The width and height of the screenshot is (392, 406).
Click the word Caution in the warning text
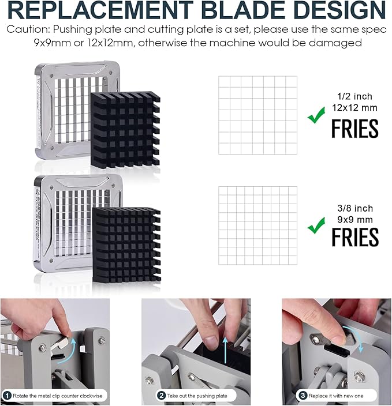[28, 29]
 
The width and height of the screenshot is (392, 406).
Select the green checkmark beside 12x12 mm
[316, 115]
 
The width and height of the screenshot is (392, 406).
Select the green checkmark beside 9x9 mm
[316, 225]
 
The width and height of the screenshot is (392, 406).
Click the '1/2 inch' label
[354, 96]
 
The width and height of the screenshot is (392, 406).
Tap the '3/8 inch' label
[355, 208]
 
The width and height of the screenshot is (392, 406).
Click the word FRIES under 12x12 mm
[355, 129]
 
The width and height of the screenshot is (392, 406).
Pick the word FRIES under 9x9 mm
[355, 237]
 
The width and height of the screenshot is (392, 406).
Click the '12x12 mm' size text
[354, 107]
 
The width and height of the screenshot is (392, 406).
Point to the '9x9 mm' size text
[355, 220]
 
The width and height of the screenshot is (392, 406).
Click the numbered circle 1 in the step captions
[8, 396]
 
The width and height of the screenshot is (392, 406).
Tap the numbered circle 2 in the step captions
[162, 396]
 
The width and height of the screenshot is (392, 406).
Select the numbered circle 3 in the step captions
[303, 396]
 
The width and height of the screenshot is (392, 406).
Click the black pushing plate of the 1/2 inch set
[125, 130]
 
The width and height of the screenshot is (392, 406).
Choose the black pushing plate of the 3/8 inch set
[126, 245]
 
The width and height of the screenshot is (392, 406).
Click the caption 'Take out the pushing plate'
[197, 396]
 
